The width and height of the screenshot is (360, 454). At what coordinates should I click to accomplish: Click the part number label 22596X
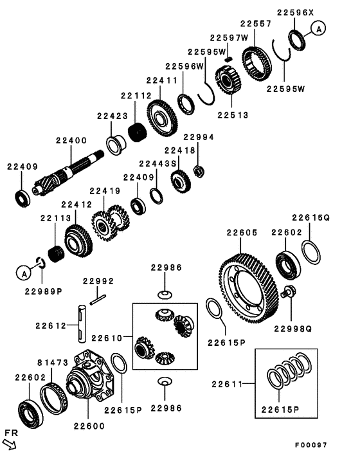tap(296, 12)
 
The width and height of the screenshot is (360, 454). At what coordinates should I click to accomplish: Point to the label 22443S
tap(157, 163)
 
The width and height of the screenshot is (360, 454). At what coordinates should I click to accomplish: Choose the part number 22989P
tap(43, 290)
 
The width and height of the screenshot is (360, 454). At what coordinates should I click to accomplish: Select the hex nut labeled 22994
tap(199, 170)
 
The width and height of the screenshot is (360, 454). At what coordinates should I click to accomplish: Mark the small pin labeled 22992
tap(98, 298)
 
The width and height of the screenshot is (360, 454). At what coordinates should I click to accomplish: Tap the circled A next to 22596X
tap(320, 28)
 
